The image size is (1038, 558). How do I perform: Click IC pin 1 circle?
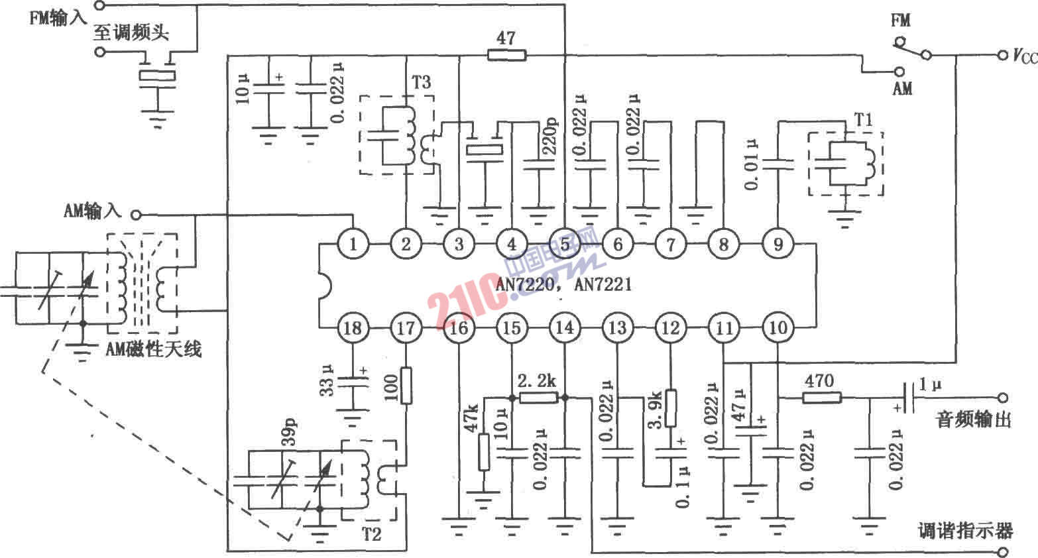click(x=353, y=245)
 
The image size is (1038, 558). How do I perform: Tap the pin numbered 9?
click(x=777, y=245)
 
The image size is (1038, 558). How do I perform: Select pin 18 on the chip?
click(x=353, y=327)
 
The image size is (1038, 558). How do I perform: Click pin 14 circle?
click(x=565, y=327)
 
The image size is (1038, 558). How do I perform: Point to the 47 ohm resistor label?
click(x=506, y=38)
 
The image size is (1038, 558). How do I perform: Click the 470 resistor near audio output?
click(x=823, y=398)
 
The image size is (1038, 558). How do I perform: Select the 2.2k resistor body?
click(x=538, y=398)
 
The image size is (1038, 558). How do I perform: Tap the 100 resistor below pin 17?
click(x=406, y=385)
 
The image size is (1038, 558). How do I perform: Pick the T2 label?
click(x=373, y=533)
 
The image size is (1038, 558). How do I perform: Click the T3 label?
click(x=421, y=82)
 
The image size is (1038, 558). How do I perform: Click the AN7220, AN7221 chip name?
click(x=564, y=285)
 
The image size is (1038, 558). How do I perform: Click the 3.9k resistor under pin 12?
click(x=671, y=407)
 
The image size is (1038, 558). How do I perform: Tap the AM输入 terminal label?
click(x=93, y=211)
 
